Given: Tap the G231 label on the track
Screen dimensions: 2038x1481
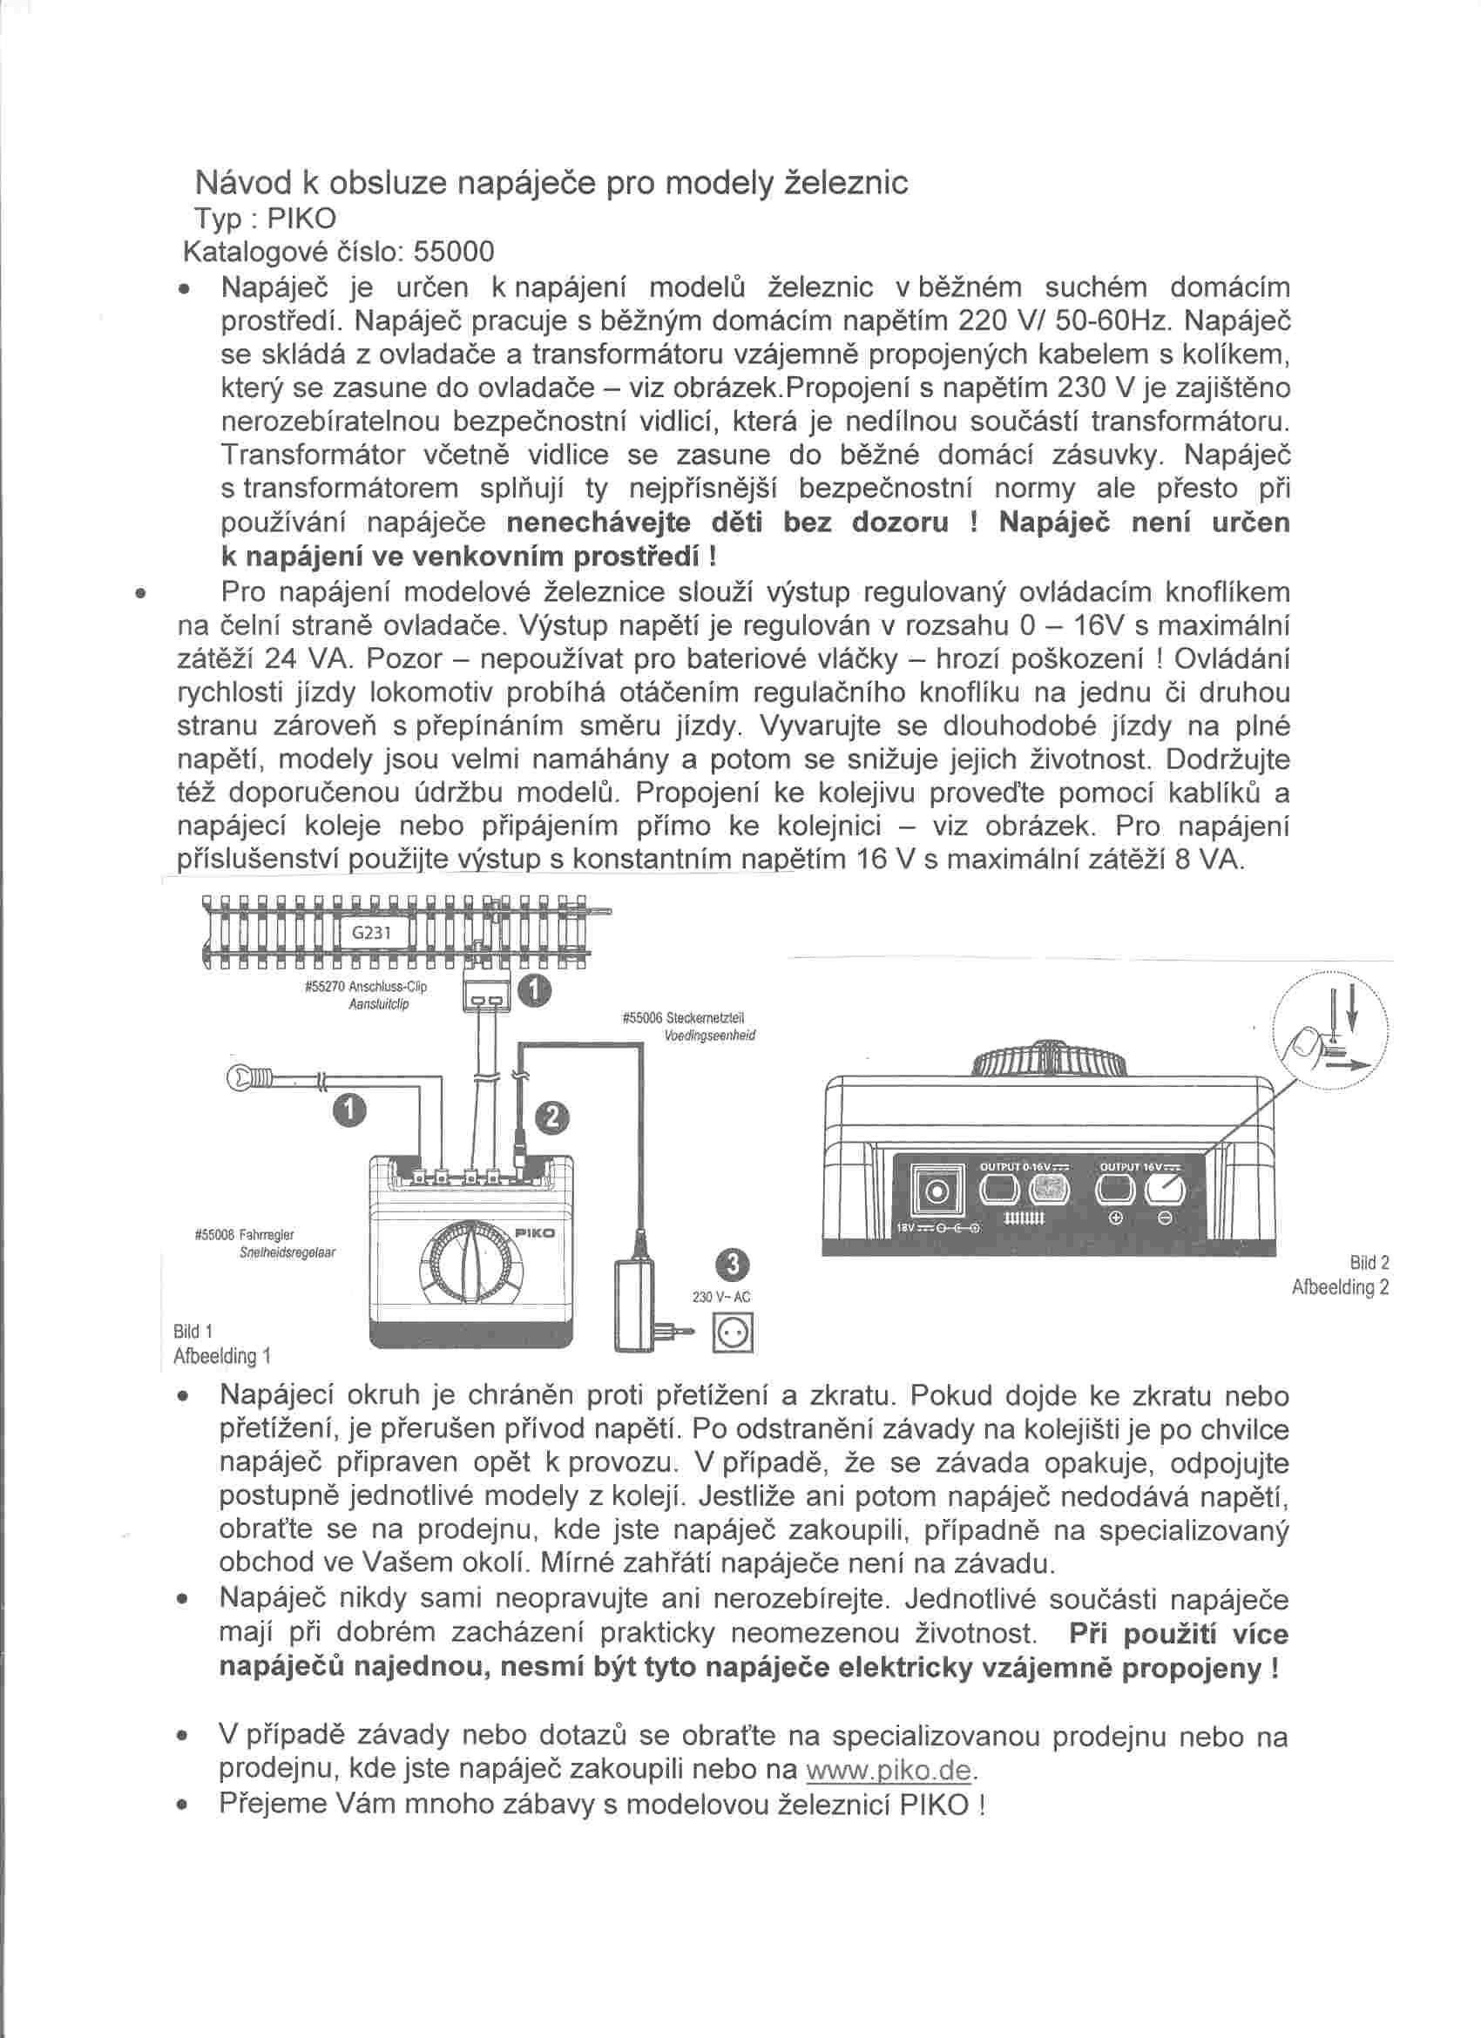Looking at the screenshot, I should click(x=371, y=932).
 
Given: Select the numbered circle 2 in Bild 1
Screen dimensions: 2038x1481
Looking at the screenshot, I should click(x=552, y=1117).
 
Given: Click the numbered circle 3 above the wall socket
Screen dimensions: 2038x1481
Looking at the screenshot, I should click(x=734, y=1265).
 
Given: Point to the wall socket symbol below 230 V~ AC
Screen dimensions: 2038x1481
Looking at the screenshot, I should click(x=734, y=1333).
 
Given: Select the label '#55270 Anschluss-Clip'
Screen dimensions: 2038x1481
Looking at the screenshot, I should click(x=366, y=987).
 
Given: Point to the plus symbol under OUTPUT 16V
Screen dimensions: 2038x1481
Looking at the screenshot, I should click(x=1118, y=1219).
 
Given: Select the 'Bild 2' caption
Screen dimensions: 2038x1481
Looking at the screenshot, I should click(x=1369, y=1264).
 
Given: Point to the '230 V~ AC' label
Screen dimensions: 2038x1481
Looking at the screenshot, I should click(x=721, y=1298).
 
